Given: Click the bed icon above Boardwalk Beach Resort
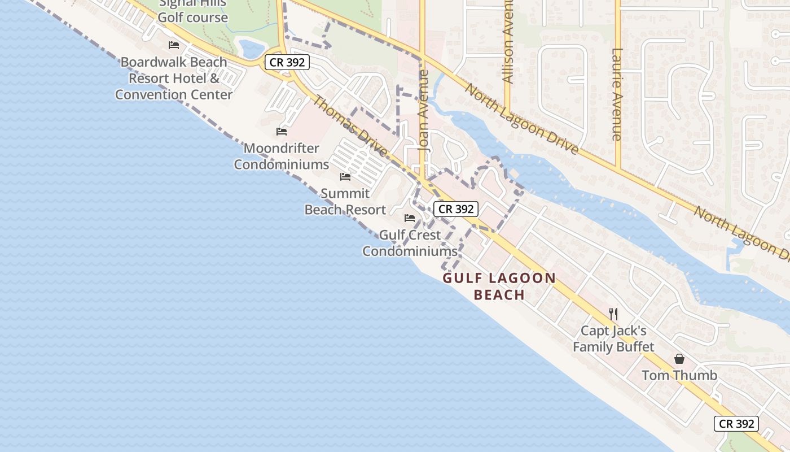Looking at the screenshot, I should (174, 45).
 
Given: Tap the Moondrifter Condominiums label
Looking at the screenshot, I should (281, 157).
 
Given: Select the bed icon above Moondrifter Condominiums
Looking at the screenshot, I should (282, 132).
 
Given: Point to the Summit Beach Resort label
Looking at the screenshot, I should (345, 202).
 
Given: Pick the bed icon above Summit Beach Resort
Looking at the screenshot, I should (345, 177).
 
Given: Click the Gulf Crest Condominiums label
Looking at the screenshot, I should (410, 243).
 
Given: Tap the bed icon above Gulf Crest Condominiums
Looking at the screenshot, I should (410, 218).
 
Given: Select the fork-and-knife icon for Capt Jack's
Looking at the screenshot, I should (613, 314).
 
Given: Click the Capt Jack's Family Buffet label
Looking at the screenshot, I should (613, 339).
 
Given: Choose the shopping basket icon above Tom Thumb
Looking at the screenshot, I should (679, 359).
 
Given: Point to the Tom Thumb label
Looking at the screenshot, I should (679, 375).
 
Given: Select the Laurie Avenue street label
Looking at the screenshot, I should (616, 94).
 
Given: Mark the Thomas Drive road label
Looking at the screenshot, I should (350, 127).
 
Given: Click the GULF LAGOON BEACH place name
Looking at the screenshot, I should (499, 286).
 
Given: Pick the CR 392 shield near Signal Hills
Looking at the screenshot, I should (287, 62).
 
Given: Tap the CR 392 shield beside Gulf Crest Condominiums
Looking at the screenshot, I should (456, 209).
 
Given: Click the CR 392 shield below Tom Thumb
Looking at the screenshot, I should (736, 424).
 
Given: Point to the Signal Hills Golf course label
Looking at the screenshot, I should (192, 11).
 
